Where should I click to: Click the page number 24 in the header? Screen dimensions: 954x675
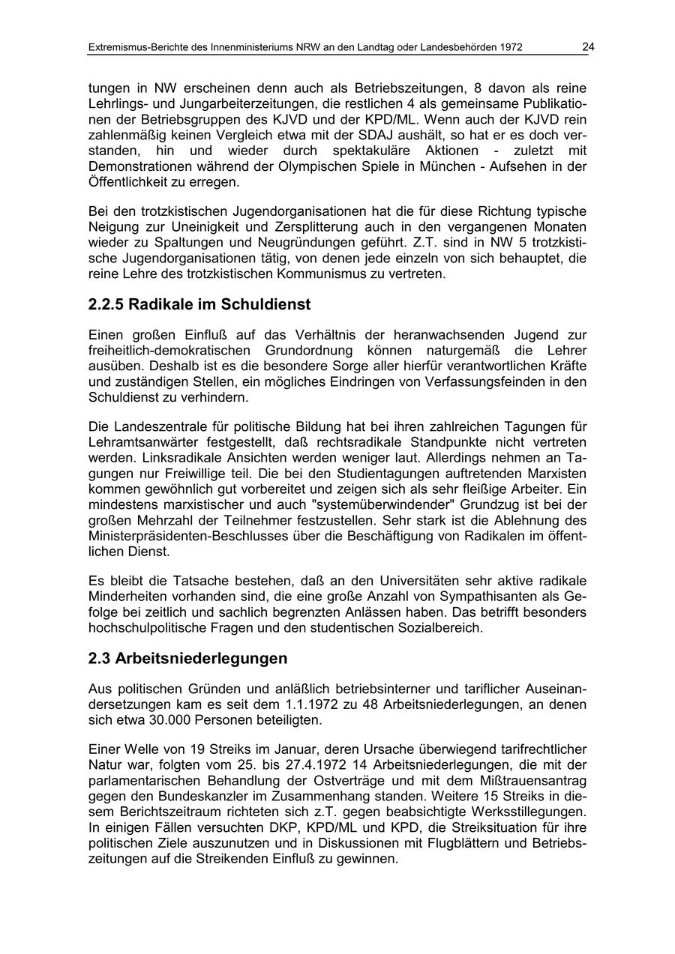588,47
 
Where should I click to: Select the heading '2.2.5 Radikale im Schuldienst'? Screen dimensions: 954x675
199,304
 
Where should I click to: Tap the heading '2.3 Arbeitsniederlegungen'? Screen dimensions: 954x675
187,659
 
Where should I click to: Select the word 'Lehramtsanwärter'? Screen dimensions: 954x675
136,442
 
